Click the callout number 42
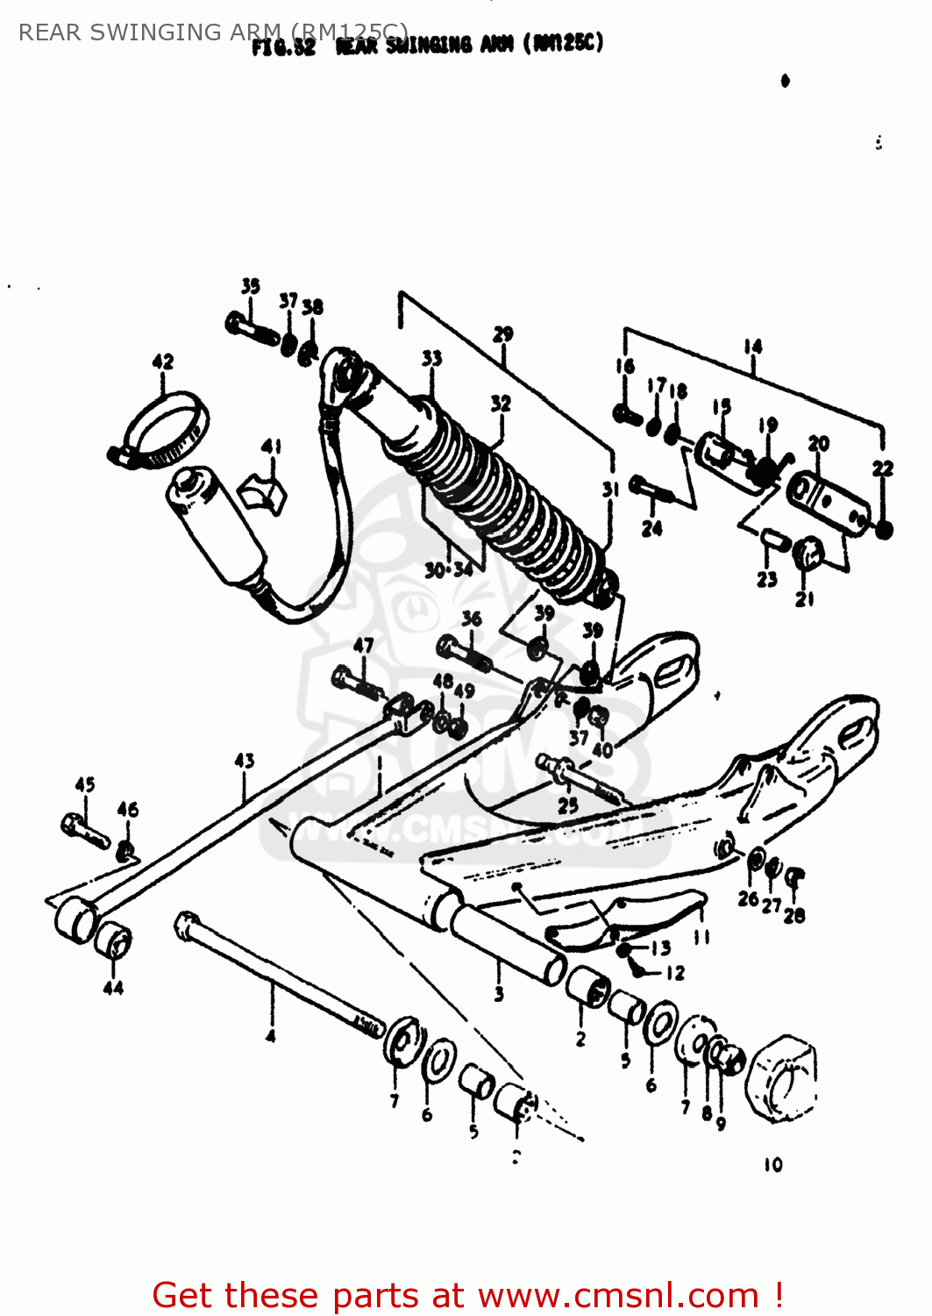tap(163, 361)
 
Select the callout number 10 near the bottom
tap(772, 1165)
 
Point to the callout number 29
tap(502, 334)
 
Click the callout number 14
tap(753, 347)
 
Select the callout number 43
tap(245, 761)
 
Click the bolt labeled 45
tap(83, 828)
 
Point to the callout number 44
tap(113, 988)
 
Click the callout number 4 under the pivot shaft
tap(271, 1037)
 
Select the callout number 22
tap(883, 468)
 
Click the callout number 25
tap(568, 805)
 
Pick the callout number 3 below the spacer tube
tap(499, 994)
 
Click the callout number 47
tap(363, 646)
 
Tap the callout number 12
tap(675, 973)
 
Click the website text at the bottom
tap(467, 1295)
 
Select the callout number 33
tap(431, 358)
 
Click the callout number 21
tap(805, 599)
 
